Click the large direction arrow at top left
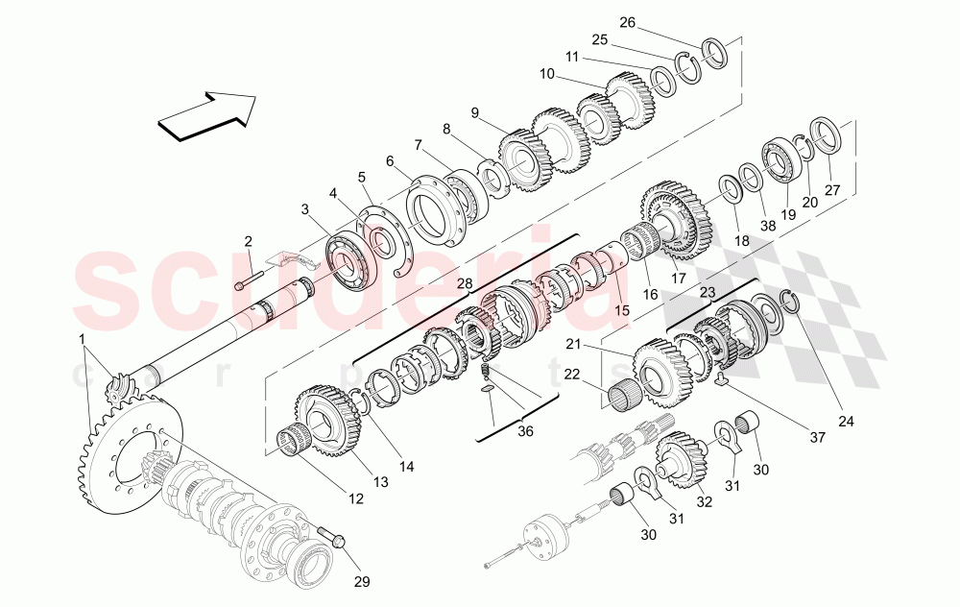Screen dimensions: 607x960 207,113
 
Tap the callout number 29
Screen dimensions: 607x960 363,581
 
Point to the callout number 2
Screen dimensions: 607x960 248,241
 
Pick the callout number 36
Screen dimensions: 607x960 526,432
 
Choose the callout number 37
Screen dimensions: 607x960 817,438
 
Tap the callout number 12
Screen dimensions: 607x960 356,498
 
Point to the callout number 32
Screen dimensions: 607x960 704,500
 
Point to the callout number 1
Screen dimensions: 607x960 82,338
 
